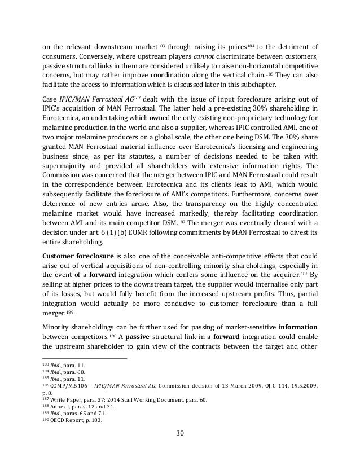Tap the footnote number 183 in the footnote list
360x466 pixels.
(47, 366)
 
